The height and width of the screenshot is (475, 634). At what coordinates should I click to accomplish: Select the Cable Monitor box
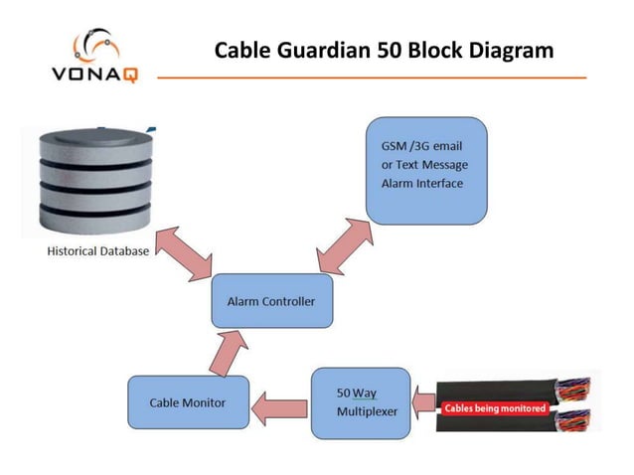pyautogui.click(x=187, y=402)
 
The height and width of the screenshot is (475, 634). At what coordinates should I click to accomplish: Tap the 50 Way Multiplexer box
pyautogui.click(x=360, y=402)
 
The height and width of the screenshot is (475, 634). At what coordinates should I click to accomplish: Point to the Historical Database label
pyautogui.click(x=98, y=251)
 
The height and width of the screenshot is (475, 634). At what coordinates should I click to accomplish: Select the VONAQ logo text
pyautogui.click(x=93, y=73)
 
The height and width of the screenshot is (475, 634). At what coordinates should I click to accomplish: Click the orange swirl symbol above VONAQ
pyautogui.click(x=94, y=46)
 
